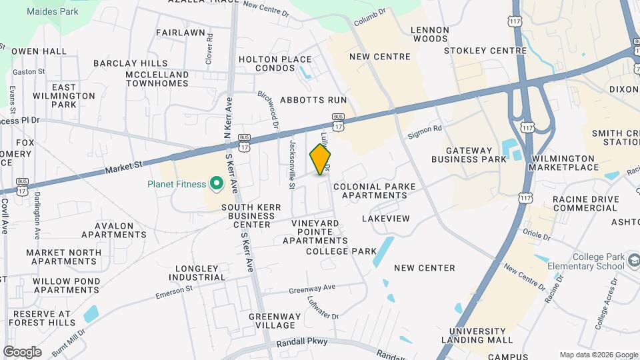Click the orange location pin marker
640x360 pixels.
(320, 160)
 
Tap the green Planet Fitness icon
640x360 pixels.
(216, 182)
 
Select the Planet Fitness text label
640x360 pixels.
(177, 184)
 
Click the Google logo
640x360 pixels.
(22, 352)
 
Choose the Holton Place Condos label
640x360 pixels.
(275, 64)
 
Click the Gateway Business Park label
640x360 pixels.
(469, 155)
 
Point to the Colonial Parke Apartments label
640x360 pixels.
(369, 191)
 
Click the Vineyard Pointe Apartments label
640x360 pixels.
(319, 231)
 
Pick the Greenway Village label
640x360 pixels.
(271, 321)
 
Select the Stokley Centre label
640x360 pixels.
(485, 51)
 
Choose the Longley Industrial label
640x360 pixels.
(197, 273)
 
